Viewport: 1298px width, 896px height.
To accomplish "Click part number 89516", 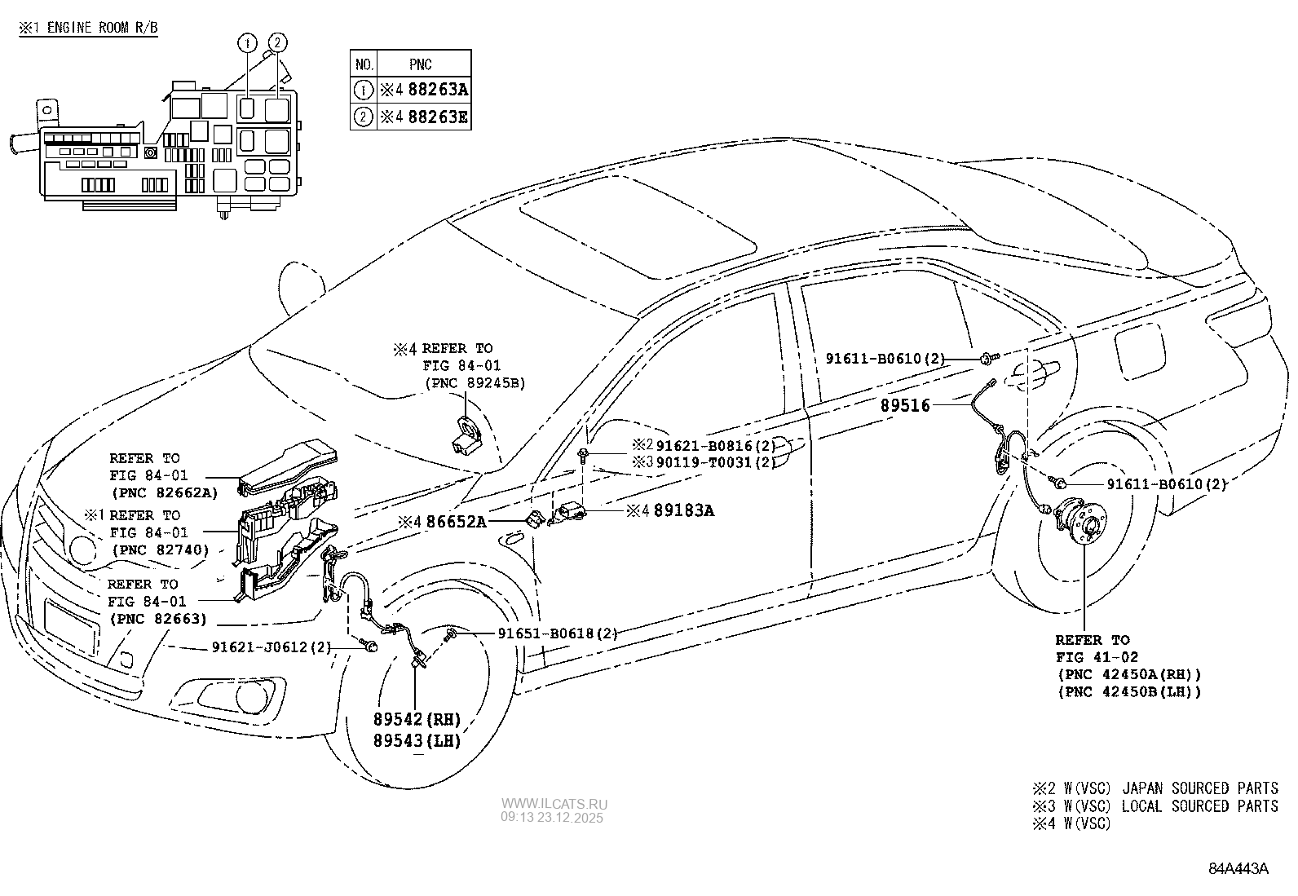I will (905, 405).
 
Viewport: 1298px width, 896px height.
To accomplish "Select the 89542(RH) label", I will (417, 720).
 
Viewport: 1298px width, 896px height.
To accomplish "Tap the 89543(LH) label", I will (417, 741).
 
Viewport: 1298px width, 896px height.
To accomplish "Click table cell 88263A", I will (438, 90).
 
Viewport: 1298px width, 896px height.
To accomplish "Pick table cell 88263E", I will (438, 117).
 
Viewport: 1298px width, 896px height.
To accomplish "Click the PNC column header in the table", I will (421, 64).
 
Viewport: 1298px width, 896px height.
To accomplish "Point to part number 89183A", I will (682, 510).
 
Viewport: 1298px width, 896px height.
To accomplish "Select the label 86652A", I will (455, 521).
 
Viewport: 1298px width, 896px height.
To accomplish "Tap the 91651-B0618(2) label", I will (557, 633).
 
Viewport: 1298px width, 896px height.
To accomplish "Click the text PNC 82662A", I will (165, 492).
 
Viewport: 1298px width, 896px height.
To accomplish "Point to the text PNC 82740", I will (159, 550).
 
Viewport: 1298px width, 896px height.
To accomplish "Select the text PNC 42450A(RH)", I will (1129, 675).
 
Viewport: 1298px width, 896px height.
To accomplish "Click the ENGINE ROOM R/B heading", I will (101, 27).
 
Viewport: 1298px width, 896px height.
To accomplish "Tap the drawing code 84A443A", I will (1238, 868).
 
